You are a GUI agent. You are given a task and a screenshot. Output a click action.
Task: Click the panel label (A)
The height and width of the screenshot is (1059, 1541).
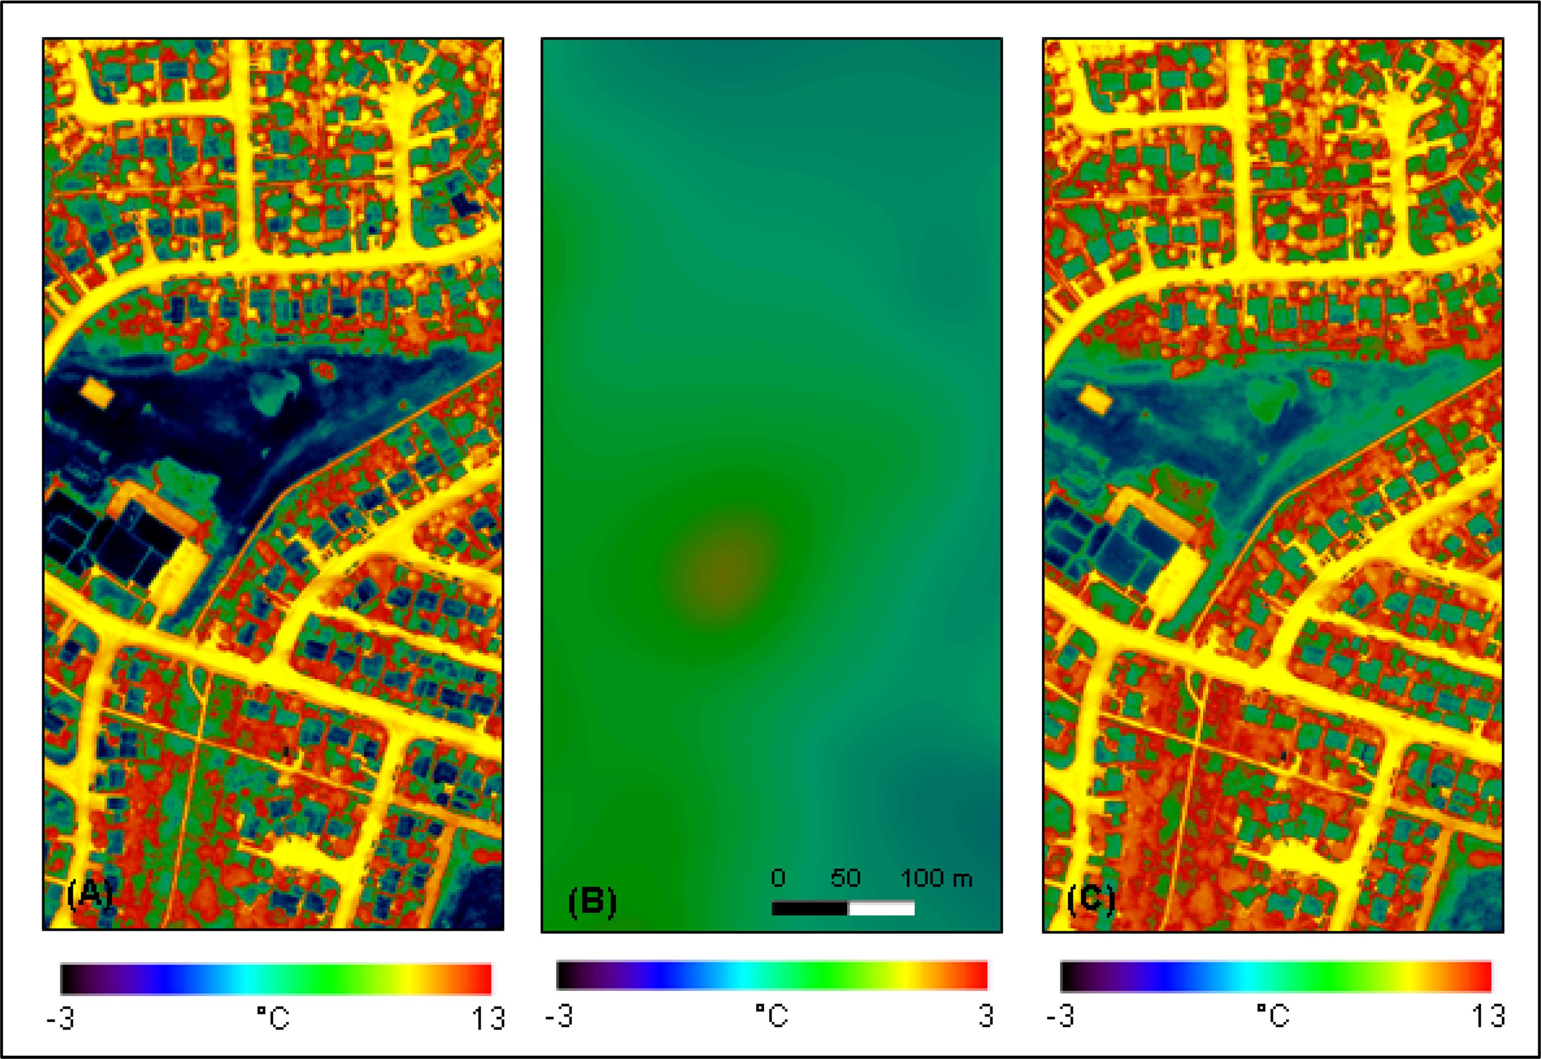(x=90, y=894)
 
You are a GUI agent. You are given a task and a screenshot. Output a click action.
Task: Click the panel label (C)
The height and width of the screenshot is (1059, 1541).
(x=1090, y=899)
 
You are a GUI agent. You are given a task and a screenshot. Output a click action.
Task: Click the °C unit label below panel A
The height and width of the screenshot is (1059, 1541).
(x=273, y=1017)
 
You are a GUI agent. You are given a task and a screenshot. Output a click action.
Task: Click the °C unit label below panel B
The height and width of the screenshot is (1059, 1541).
(x=771, y=1015)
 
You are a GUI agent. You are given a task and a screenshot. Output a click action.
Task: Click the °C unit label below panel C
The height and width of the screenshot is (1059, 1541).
(x=1272, y=1015)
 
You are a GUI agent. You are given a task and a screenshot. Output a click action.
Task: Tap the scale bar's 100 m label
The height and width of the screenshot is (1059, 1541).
(x=936, y=879)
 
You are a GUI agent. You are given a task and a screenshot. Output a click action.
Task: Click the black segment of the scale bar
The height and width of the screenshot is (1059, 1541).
(x=809, y=908)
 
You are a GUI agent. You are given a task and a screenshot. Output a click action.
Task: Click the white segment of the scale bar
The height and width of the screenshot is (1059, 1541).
(x=881, y=908)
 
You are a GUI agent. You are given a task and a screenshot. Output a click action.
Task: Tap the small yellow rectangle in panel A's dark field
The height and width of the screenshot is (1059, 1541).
(x=97, y=393)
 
